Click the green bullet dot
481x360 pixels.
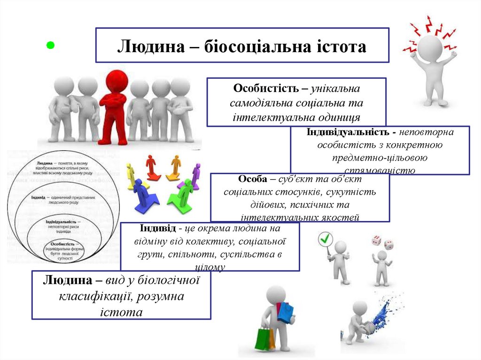click(51, 46)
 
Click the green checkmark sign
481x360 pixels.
click(325, 239)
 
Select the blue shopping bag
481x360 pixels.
click(285, 312)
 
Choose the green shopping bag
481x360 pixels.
click(263, 338)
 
